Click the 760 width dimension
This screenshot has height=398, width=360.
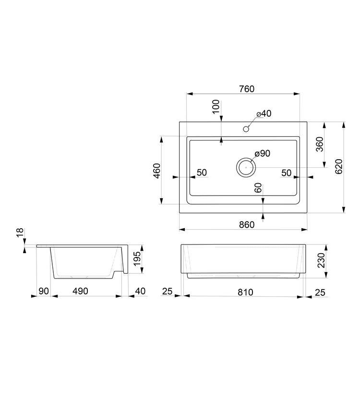coord(247,89)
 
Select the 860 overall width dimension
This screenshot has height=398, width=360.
coord(247,224)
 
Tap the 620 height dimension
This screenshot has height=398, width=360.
coord(339,166)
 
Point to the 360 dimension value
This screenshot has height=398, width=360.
coord(320,144)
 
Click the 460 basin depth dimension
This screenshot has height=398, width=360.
coord(157,171)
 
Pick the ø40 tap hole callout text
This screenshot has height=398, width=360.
coord(264,114)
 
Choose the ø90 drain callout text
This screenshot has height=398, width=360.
coord(263,153)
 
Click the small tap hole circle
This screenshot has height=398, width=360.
coord(246,129)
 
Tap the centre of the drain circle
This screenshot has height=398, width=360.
coord(246,167)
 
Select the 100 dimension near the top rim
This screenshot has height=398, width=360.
coord(216,107)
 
